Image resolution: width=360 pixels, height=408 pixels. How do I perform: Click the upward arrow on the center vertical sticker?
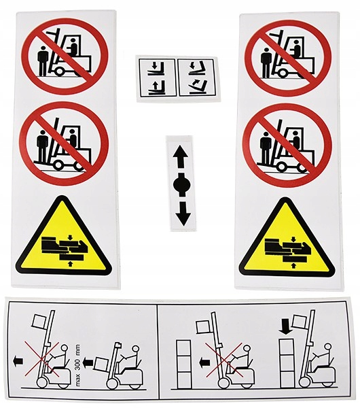181,156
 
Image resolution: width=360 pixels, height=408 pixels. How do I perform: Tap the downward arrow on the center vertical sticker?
183,214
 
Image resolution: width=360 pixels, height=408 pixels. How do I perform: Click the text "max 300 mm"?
77,362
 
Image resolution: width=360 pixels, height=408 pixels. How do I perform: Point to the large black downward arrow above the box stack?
285,326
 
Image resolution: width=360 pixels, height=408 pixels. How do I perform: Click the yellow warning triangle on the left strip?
64,237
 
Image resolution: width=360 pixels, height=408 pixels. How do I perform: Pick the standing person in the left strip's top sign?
43,60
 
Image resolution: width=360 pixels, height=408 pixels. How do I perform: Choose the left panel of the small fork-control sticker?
157,78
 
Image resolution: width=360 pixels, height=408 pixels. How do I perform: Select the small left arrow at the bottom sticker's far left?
18,362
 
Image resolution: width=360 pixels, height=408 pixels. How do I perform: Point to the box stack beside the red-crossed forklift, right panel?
183,364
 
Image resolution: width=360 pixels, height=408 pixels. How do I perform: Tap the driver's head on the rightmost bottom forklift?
329,347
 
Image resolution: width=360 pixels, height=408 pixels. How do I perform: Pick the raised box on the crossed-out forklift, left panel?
39,321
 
